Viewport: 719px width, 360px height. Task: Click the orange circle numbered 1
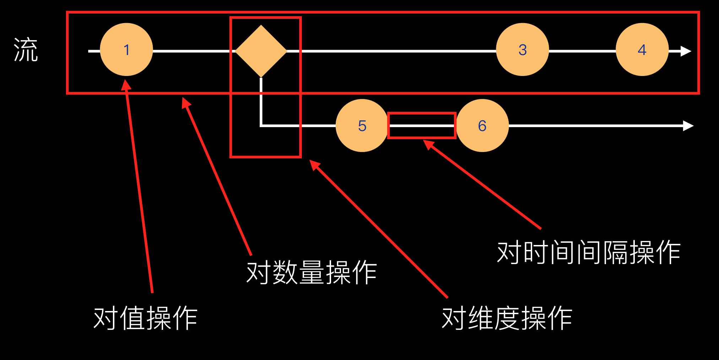126,50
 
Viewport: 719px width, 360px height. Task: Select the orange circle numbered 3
522,50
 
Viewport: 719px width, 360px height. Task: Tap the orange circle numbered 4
642,50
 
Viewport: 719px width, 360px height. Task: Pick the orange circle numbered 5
362,126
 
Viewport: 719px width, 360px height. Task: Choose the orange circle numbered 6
482,126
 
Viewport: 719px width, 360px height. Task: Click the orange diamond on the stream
261,51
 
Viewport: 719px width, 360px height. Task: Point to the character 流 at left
26,50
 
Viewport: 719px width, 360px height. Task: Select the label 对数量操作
312,273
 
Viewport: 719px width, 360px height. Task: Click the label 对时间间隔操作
589,252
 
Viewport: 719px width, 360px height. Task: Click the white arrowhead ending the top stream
686,51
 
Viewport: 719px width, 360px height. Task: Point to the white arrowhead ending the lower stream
688,126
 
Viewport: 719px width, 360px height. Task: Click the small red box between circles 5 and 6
422,126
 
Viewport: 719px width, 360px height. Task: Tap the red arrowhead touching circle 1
126,85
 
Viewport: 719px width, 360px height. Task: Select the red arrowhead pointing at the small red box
428,144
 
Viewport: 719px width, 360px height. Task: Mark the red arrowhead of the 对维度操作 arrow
314,164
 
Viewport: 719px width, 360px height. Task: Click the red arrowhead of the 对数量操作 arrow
185,103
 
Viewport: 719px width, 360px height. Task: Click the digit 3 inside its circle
522,50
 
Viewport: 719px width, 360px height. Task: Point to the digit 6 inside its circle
482,126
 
